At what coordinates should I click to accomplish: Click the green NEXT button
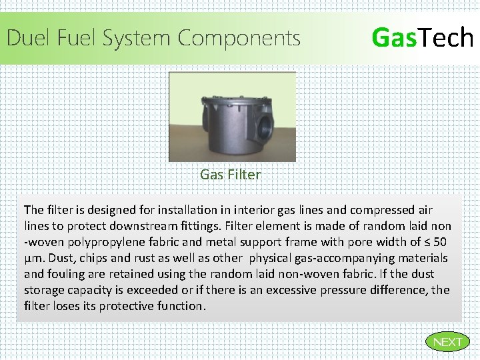pyautogui.click(x=447, y=342)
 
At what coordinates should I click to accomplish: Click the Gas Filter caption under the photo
pyautogui.click(x=230, y=175)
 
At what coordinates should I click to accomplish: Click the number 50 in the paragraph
pyautogui.click(x=440, y=242)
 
